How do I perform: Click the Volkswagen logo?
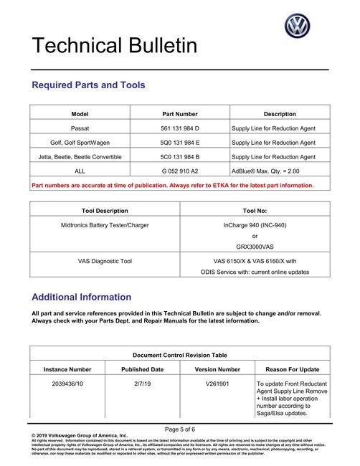pos(297,27)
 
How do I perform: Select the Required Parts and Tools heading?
pos(88,85)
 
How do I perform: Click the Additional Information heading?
pos(82,297)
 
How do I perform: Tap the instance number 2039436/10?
pos(67,384)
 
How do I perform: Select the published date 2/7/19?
pos(142,384)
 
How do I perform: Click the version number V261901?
pos(217,384)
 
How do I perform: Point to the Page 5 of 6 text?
pos(179,428)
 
